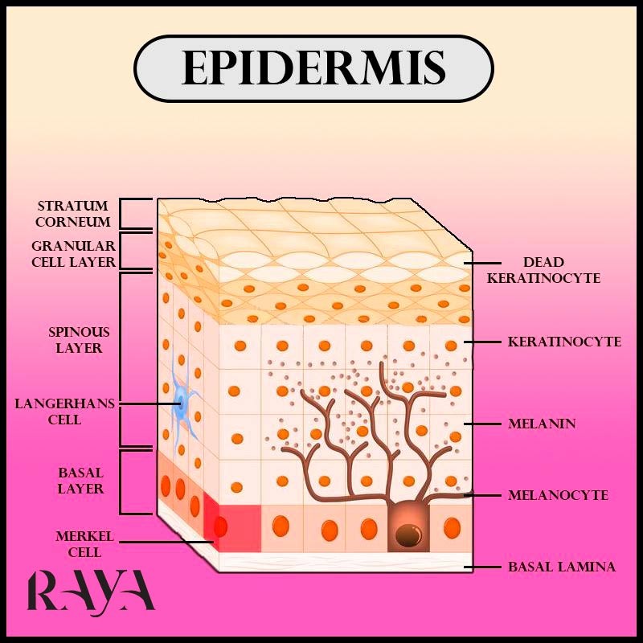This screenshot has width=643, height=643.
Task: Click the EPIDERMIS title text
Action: tap(313, 68)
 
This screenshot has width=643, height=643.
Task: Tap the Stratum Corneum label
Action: tap(73, 214)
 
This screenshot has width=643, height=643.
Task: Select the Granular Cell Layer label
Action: tap(74, 254)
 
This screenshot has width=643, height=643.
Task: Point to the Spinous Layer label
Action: tap(79, 340)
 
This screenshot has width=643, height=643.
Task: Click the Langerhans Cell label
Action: tap(65, 412)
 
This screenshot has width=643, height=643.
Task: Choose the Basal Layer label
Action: tap(80, 481)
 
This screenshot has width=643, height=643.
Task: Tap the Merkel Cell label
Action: tap(85, 544)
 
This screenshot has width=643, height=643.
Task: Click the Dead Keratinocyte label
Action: tap(544, 270)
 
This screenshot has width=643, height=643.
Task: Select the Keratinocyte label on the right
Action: tap(565, 342)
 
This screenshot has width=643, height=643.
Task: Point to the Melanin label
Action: tap(542, 424)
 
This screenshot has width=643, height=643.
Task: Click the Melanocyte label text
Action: tap(558, 495)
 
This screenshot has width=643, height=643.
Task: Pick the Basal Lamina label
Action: tap(562, 567)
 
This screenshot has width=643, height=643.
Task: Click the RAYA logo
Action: tap(91, 592)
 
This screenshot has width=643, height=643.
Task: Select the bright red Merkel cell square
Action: tap(240, 528)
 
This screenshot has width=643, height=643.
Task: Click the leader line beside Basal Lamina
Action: tap(482, 567)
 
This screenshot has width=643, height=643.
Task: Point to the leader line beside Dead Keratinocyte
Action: tap(482, 263)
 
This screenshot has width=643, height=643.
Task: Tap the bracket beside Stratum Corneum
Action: tap(121, 214)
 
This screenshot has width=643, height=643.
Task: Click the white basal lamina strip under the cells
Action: tap(346, 561)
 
